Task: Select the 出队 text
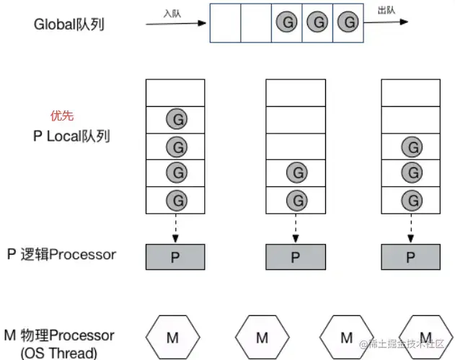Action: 386,9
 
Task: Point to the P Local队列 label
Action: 71,136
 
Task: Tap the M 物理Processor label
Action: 59,335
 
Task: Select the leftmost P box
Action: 175,256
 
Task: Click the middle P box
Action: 295,256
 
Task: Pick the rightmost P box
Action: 410,256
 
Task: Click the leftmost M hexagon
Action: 172,338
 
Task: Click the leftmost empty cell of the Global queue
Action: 225,22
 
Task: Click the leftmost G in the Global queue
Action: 286,22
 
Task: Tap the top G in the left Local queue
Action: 175,119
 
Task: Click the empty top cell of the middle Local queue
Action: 295,92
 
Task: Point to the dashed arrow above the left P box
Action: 175,227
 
